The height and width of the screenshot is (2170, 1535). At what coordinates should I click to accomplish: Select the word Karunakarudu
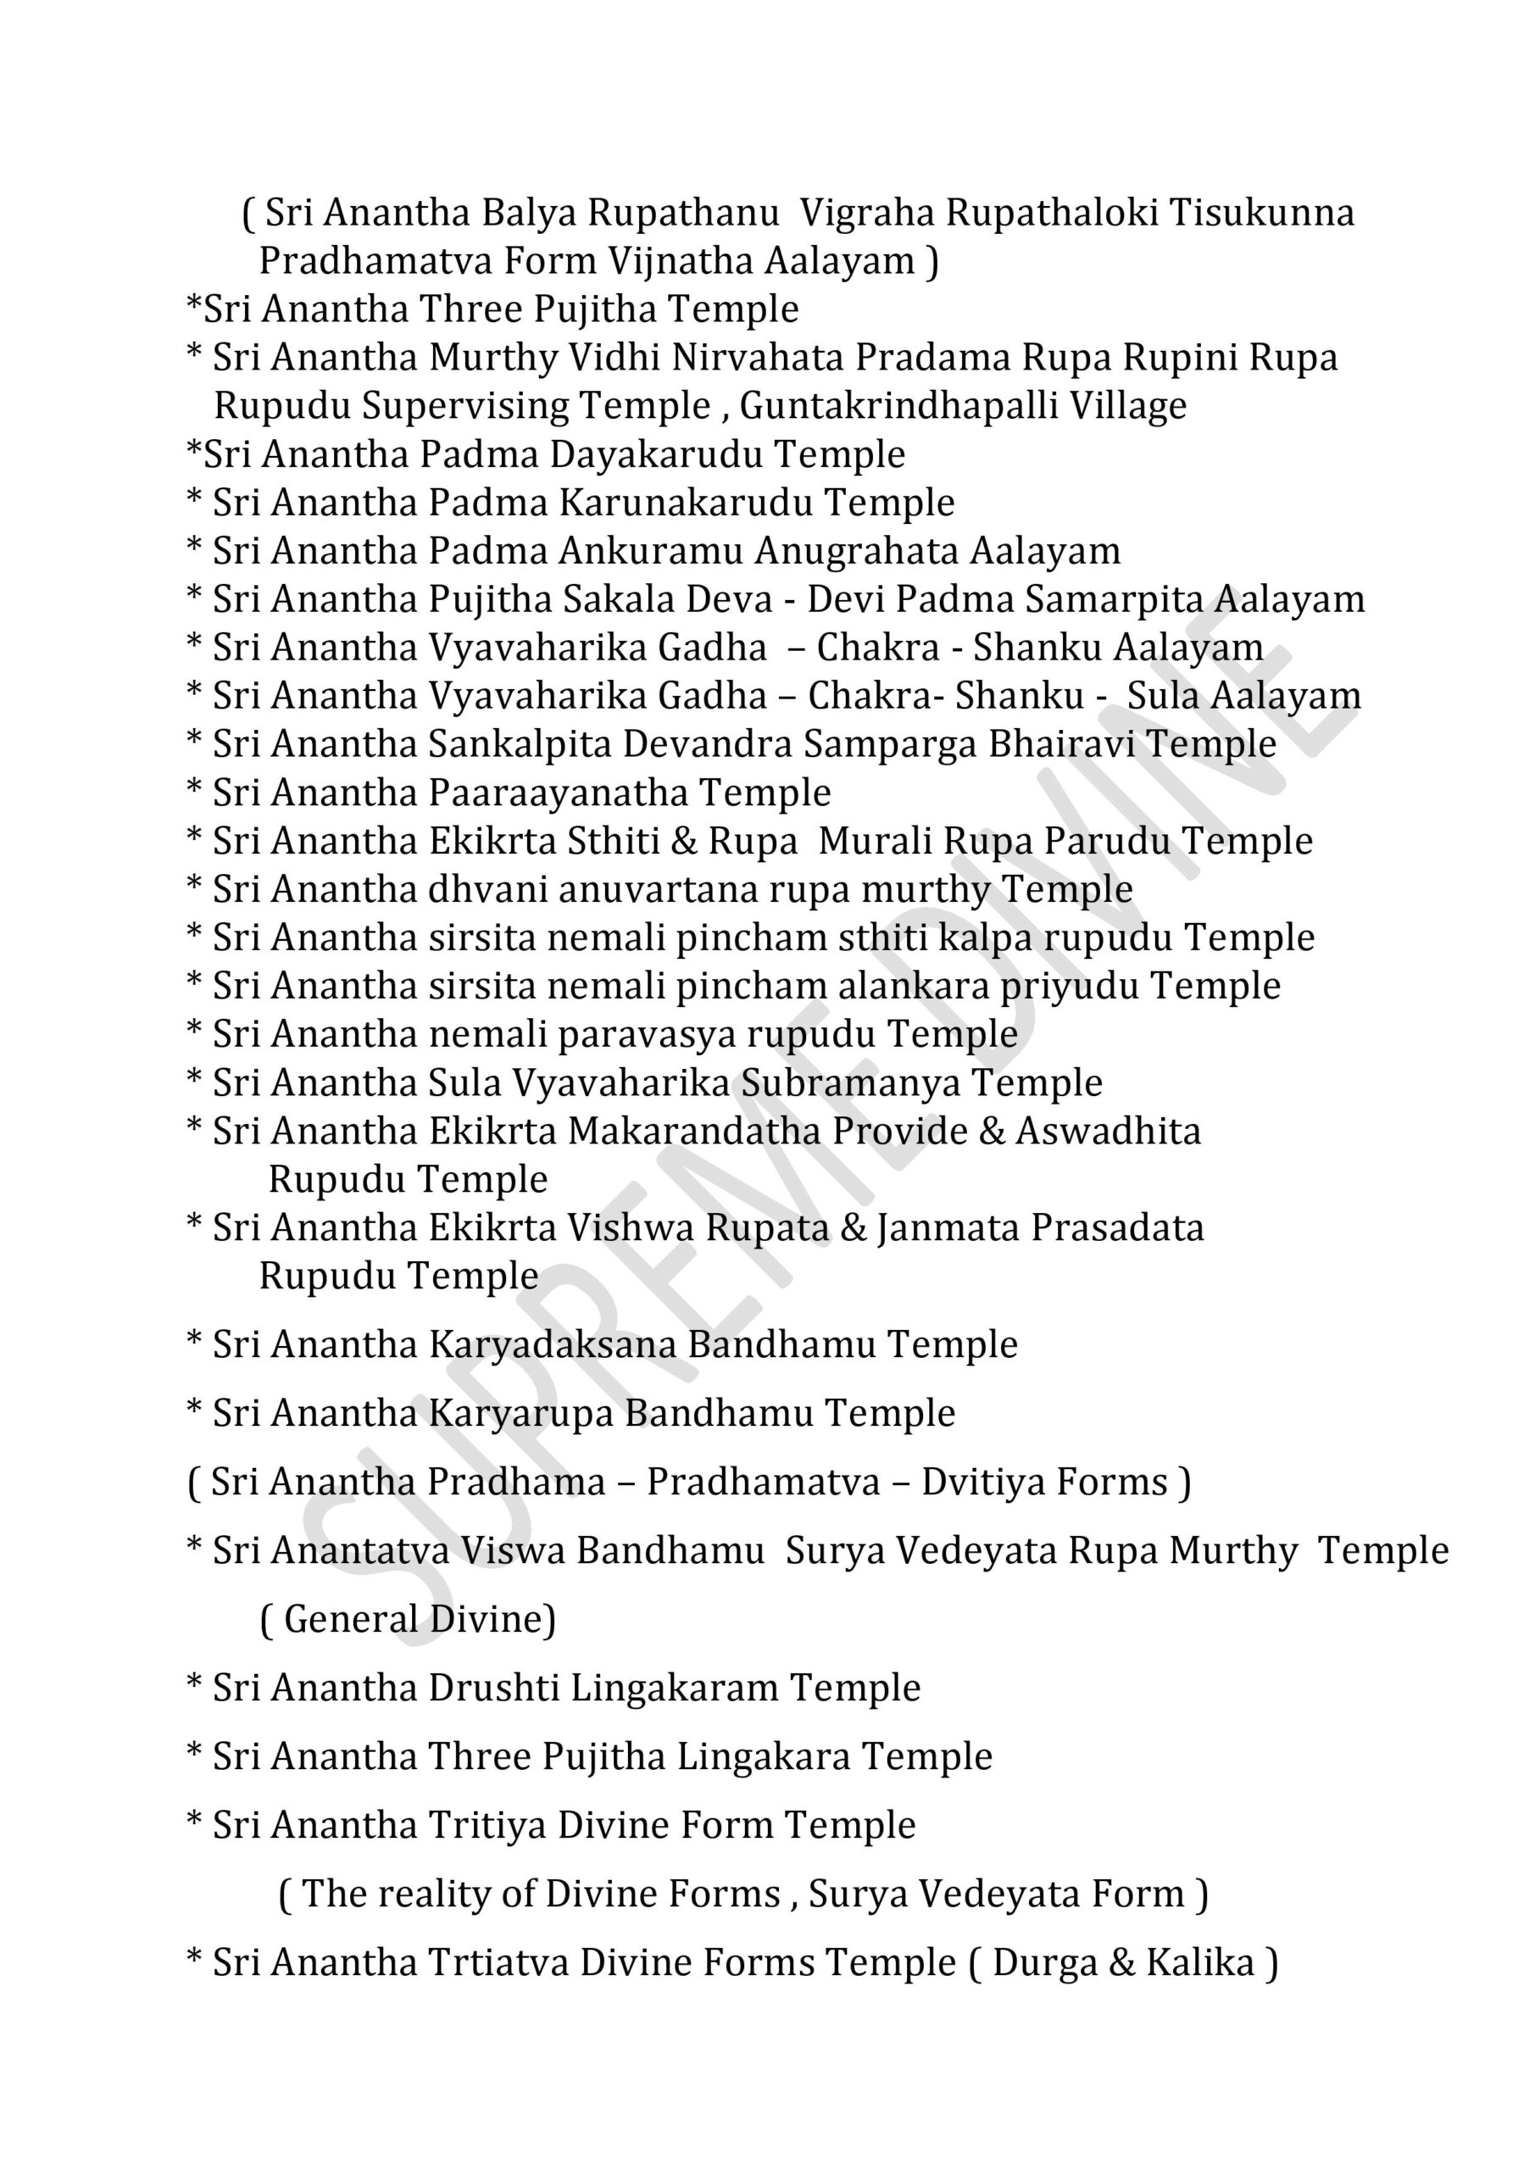click(685, 503)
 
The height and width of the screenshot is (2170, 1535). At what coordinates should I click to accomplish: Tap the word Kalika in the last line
click(1199, 1963)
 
